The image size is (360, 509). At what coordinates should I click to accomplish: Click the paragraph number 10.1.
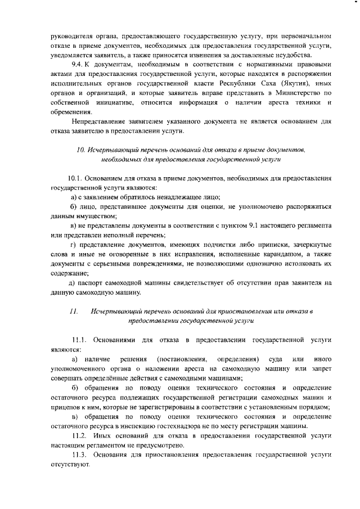(75, 178)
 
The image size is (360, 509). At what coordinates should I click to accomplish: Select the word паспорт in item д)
(89, 283)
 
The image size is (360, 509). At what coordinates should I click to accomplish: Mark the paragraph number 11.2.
(80, 436)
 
